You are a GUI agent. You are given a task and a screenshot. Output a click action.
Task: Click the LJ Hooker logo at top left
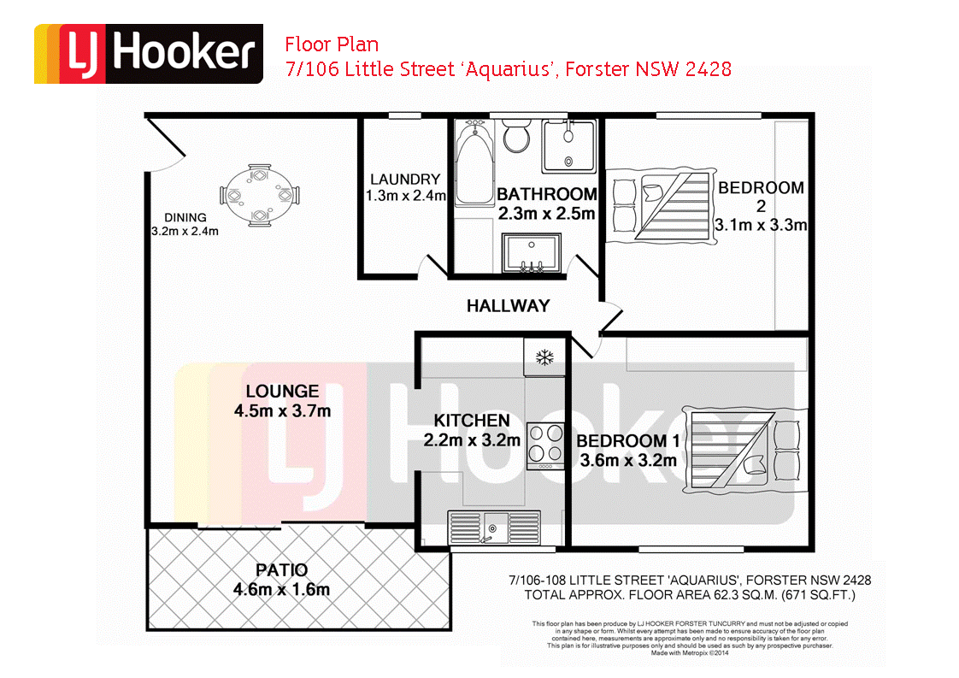[148, 54]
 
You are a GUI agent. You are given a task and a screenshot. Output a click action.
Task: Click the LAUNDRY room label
[404, 180]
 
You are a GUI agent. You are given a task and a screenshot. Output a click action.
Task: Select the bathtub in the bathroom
[472, 162]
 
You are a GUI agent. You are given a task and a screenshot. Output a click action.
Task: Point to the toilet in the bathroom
[515, 136]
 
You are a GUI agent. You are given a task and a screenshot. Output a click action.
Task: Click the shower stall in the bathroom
[568, 144]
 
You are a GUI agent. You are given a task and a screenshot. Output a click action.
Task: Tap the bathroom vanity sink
[529, 255]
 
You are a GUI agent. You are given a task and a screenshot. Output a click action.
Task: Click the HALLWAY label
[508, 305]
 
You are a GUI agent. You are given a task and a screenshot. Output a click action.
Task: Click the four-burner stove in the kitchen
[544, 446]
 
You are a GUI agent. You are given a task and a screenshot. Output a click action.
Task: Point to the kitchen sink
[493, 527]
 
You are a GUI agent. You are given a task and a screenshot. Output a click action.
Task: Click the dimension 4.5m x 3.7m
[282, 411]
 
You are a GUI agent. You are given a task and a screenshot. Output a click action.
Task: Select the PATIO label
[281, 569]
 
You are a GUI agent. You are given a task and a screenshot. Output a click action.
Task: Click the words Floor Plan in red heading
[332, 44]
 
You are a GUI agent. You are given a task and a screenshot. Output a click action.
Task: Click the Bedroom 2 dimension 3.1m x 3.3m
[760, 226]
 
